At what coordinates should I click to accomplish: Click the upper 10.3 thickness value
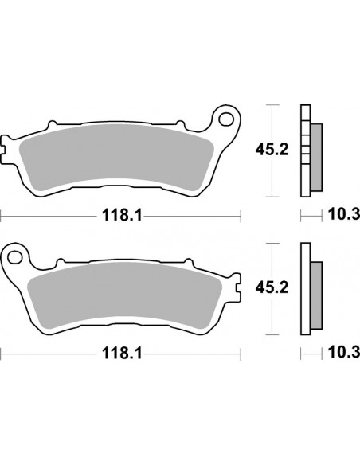(x=345, y=214)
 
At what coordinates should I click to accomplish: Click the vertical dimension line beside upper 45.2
(x=273, y=151)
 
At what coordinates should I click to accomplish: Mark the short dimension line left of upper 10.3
(x=311, y=214)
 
